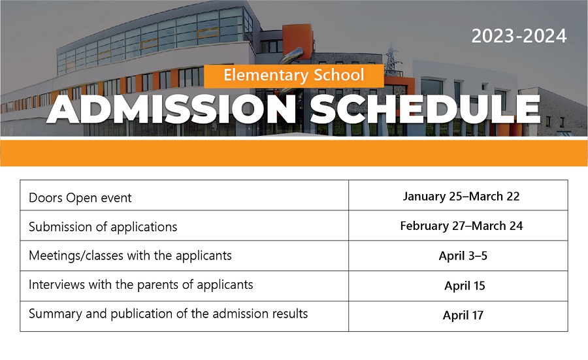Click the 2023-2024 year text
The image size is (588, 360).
click(x=519, y=36)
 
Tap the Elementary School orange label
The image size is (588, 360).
click(x=293, y=76)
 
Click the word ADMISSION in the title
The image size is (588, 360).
click(x=171, y=109)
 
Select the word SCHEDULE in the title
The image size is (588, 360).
click(x=425, y=109)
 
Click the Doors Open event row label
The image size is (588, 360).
click(x=80, y=197)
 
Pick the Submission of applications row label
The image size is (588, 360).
click(x=103, y=227)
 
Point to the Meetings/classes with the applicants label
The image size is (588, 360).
click(x=130, y=255)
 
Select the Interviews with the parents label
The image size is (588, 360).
click(x=140, y=285)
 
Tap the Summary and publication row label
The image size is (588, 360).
click(x=168, y=314)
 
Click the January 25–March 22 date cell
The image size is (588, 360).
click(x=461, y=196)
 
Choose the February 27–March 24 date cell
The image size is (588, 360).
click(x=461, y=226)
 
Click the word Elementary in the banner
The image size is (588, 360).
click(x=266, y=75)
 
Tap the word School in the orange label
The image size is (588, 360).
click(x=338, y=74)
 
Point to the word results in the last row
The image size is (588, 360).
click(x=290, y=314)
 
